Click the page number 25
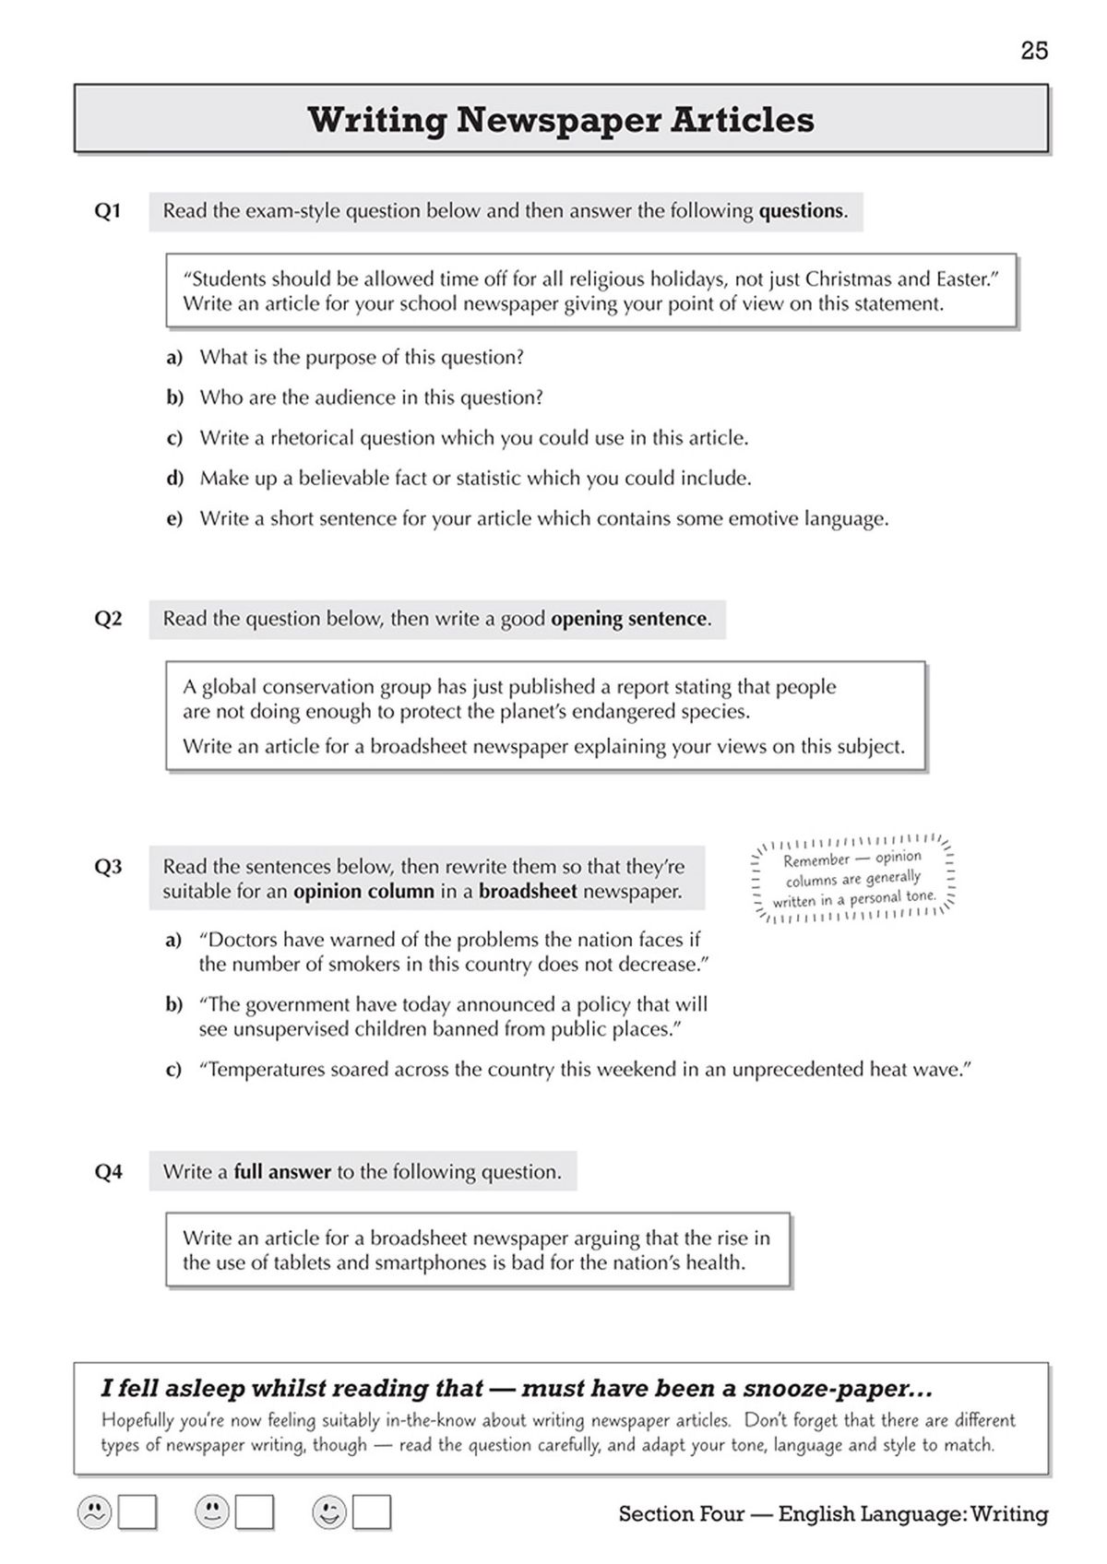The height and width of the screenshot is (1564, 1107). click(1034, 51)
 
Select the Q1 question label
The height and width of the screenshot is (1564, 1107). click(108, 211)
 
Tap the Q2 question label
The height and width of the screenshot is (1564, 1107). click(108, 619)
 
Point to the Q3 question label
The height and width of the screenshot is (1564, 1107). click(108, 867)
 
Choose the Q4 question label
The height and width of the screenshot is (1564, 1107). click(108, 1172)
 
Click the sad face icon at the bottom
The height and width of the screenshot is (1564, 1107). click(94, 1512)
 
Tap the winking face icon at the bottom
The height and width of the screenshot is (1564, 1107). click(329, 1512)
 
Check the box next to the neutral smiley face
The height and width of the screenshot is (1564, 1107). click(255, 1512)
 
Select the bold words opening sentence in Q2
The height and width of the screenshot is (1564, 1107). click(629, 619)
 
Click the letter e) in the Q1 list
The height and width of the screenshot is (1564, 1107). click(174, 519)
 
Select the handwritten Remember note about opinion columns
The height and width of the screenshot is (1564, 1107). click(852, 879)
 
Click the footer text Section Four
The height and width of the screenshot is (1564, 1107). click(681, 1513)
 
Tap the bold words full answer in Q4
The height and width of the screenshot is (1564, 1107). click(281, 1172)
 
